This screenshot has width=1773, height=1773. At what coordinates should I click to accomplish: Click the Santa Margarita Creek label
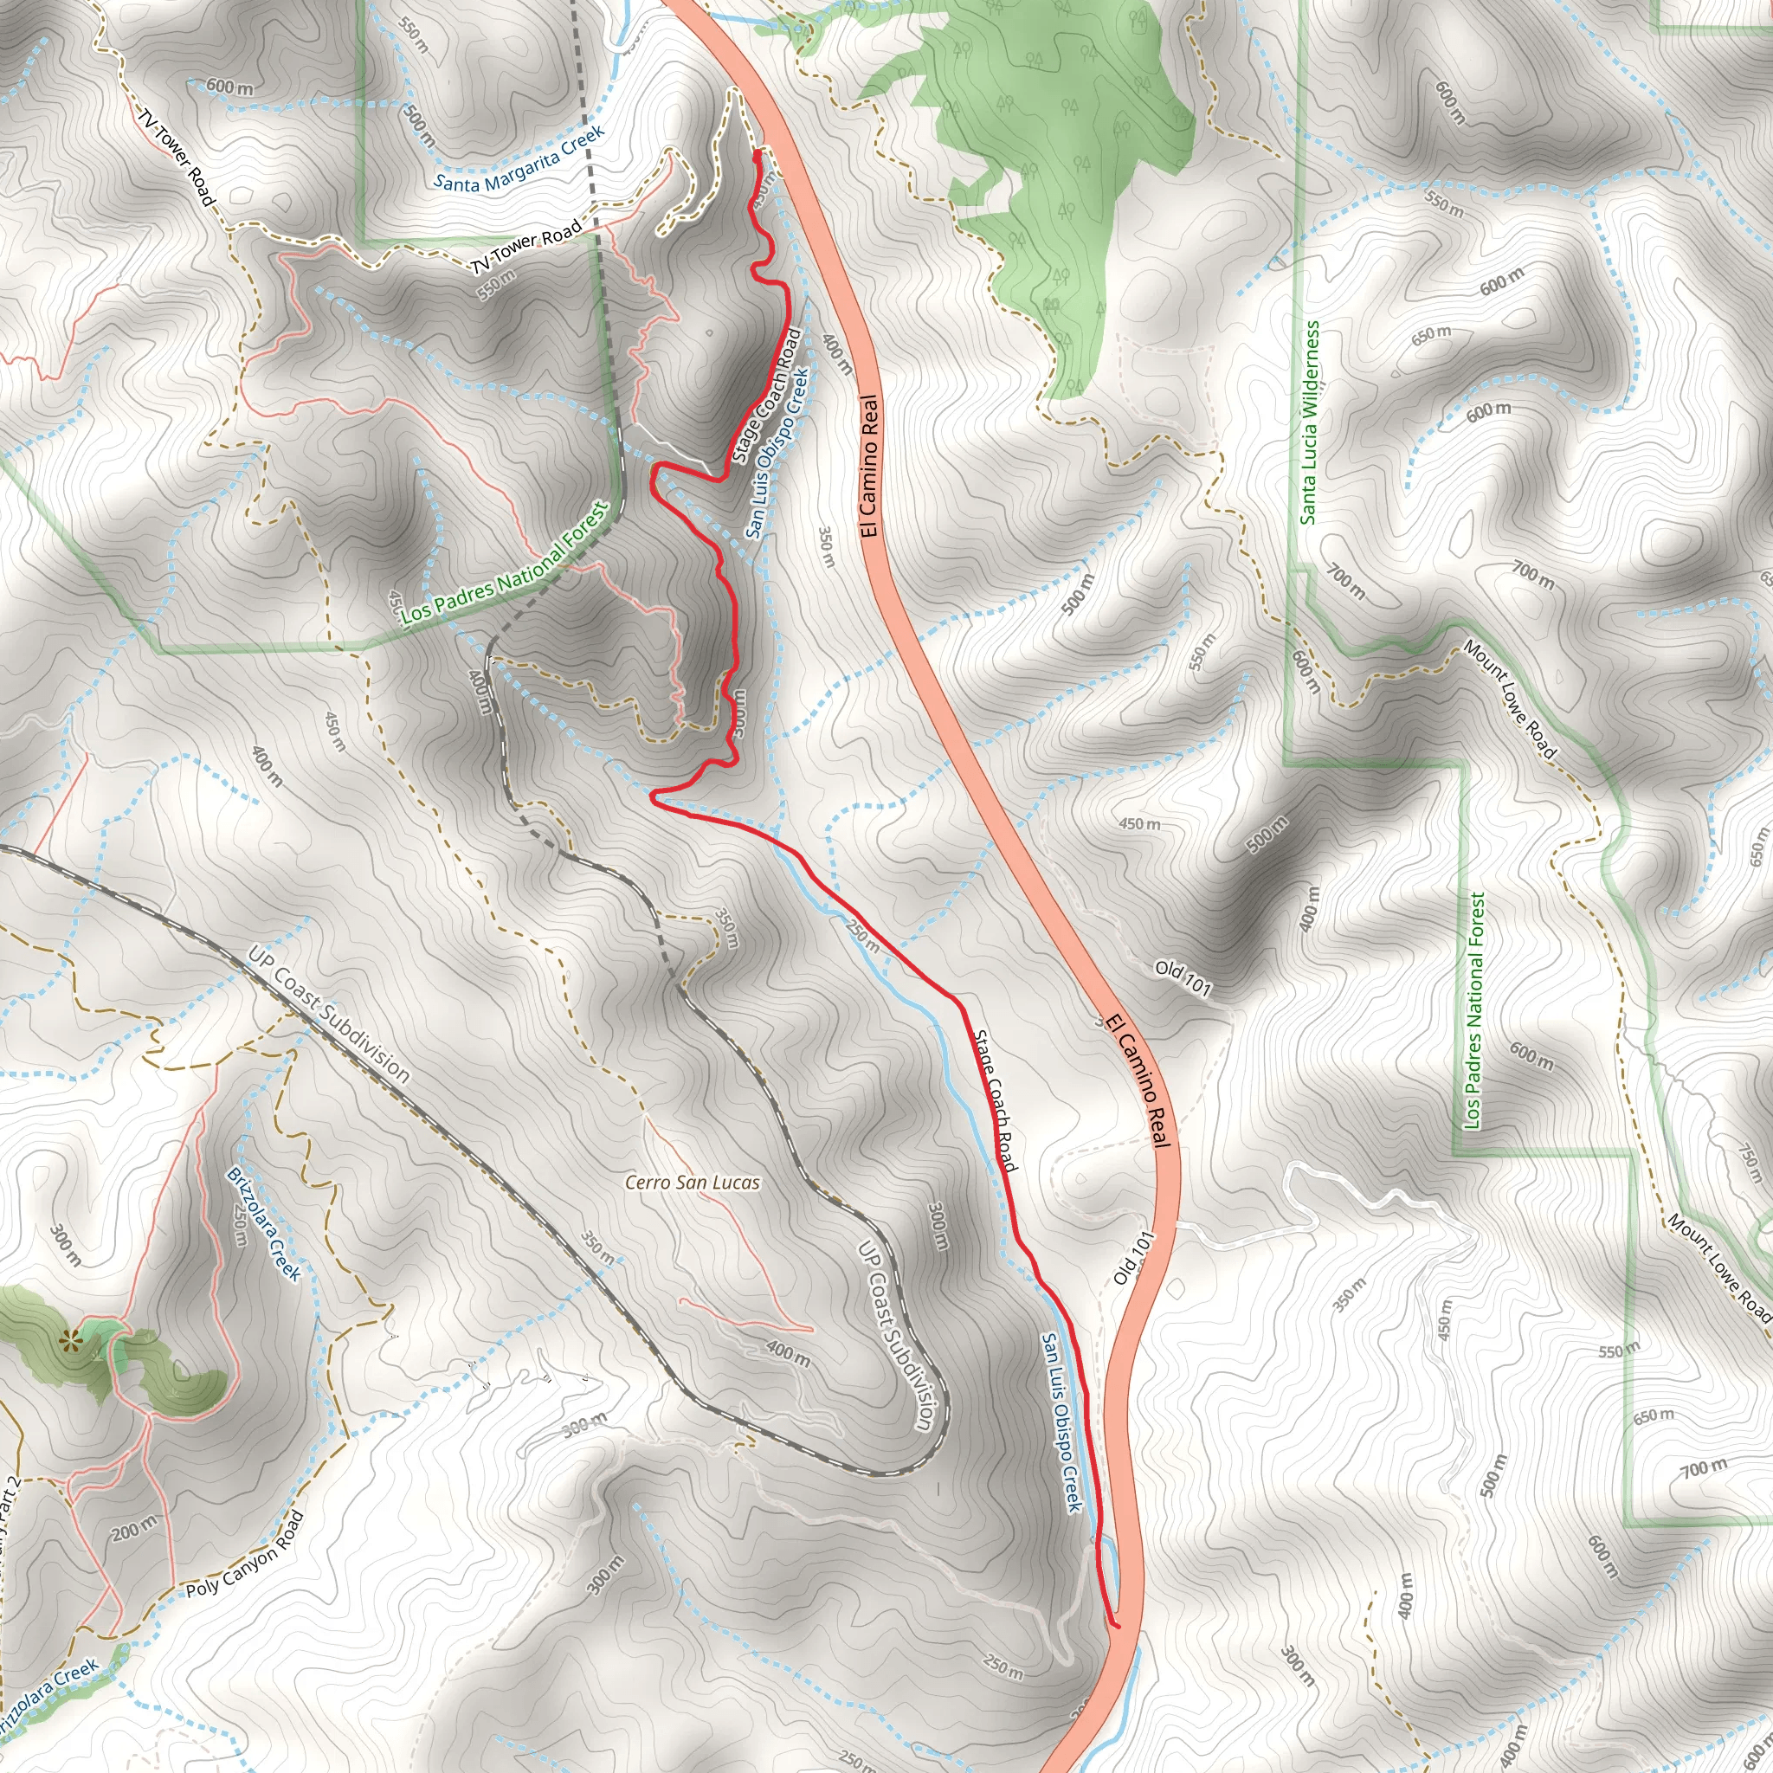519,158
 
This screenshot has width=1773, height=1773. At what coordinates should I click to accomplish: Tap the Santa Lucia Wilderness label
1310,422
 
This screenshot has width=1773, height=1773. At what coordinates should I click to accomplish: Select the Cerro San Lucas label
692,1183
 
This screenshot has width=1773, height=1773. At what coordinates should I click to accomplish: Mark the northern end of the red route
756,155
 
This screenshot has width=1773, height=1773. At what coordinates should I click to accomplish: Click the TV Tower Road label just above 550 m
526,246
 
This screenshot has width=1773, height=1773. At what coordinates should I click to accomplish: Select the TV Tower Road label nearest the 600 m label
177,157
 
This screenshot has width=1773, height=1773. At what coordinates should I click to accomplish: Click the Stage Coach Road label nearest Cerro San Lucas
995,1100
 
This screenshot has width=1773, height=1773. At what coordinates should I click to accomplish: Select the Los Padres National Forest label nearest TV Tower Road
505,564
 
